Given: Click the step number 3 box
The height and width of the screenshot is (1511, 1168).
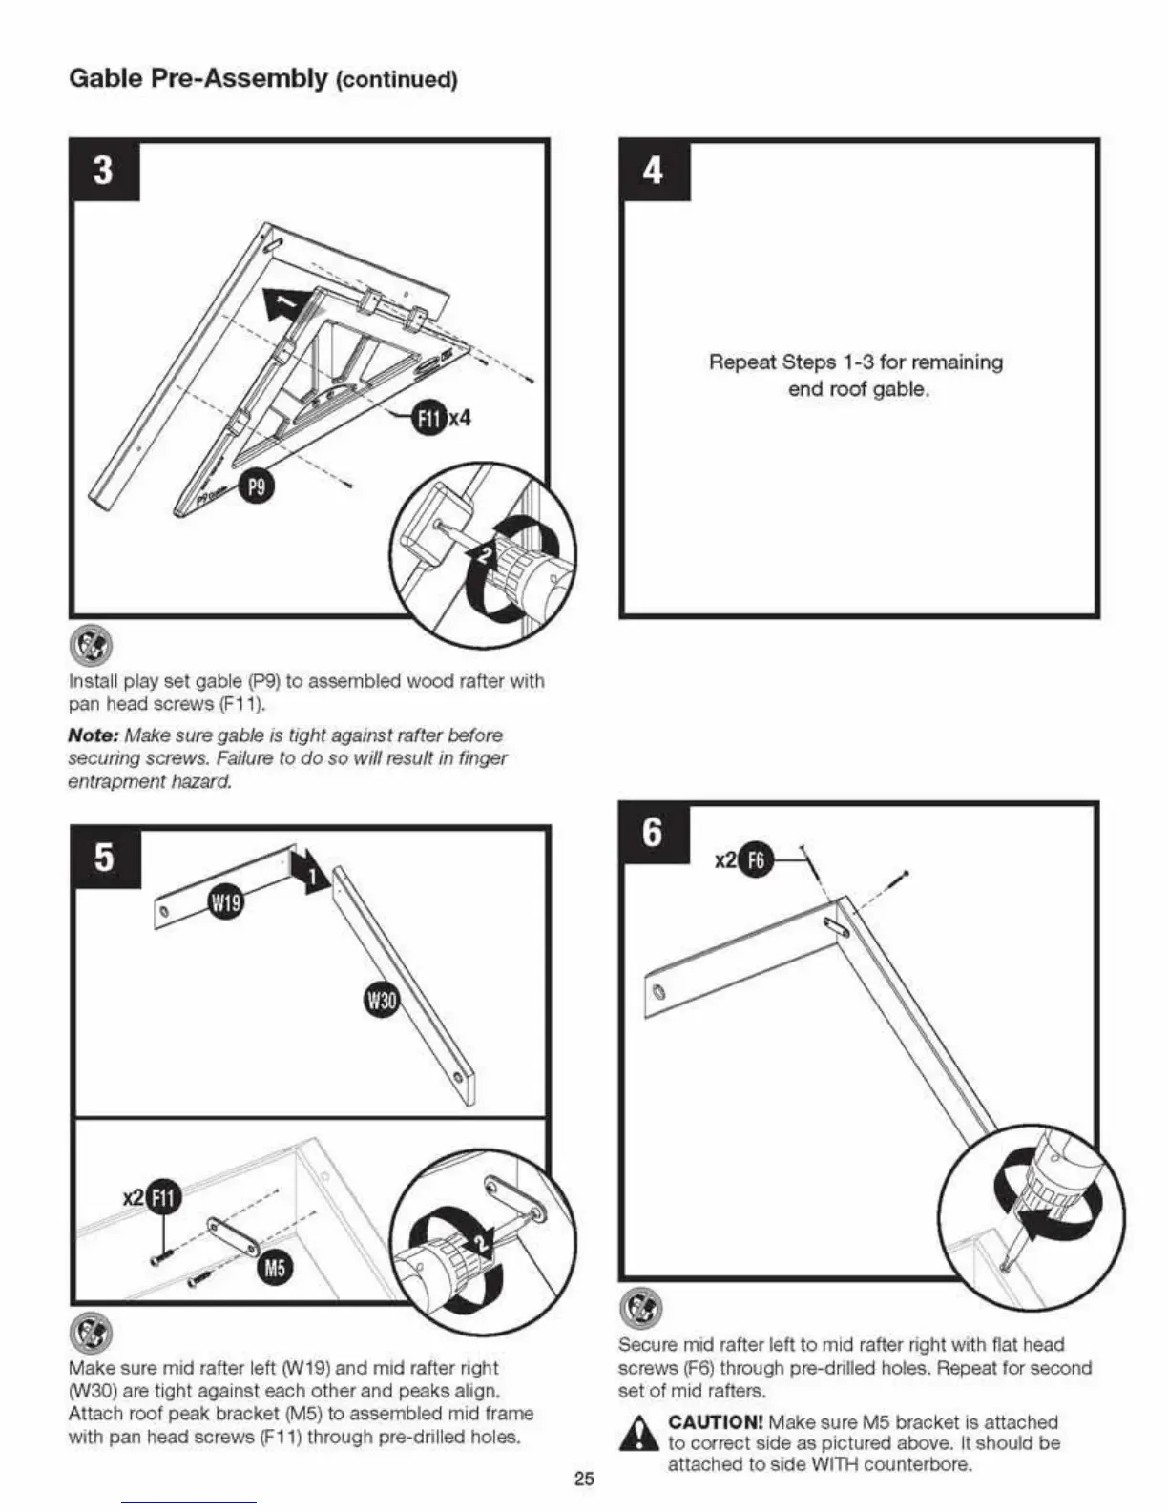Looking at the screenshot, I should point(103,172).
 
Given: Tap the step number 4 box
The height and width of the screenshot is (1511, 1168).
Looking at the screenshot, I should point(654,172).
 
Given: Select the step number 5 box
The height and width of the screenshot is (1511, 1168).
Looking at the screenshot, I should point(105,857).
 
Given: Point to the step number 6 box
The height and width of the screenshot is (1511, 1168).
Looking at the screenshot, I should point(653,833).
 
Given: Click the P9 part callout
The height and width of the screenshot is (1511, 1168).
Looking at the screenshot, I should point(256,487).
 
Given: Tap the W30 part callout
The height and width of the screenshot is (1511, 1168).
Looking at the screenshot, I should point(382,1002).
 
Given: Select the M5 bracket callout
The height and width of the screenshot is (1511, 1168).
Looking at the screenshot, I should point(274,1268).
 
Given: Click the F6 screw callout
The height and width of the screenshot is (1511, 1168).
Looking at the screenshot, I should point(755,860).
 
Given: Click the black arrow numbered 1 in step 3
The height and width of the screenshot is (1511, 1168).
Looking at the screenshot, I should point(284,303).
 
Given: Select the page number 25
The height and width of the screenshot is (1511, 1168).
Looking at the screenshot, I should point(584,1479).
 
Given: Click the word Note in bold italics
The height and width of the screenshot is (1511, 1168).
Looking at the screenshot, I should point(93,735).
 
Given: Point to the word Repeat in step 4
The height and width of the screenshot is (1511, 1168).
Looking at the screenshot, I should point(741,362).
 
